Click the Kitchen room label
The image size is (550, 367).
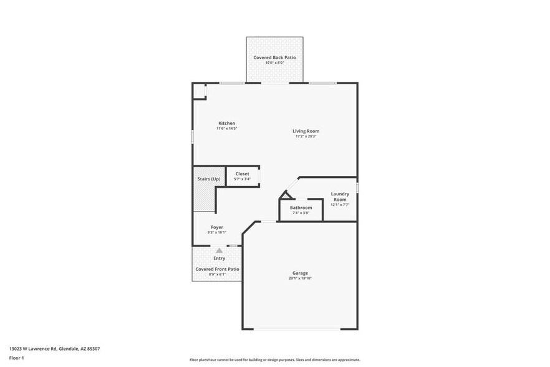tap(226, 123)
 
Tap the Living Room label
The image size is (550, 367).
tap(306, 131)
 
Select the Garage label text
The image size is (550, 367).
tap(300, 273)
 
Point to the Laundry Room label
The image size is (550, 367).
tap(340, 197)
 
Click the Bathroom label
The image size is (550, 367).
tap(301, 207)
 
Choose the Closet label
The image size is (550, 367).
tap(242, 174)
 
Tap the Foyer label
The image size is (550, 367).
tap(216, 227)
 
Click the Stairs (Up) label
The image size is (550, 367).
tap(208, 179)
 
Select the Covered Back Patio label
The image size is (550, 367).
tap(274, 57)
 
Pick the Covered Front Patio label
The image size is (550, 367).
tap(217, 269)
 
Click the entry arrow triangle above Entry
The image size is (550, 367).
tap(219, 250)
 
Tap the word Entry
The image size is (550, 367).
tap(219, 258)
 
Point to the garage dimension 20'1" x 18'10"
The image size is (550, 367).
tap(300, 278)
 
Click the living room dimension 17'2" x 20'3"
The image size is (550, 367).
tap(306, 137)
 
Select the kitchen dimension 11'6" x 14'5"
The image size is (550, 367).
tap(226, 129)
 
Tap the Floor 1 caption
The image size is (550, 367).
tap(16, 358)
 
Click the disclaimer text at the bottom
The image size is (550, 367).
tap(274, 360)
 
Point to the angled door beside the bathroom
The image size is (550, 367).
tap(284, 195)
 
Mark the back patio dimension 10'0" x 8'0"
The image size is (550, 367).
tap(274, 62)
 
